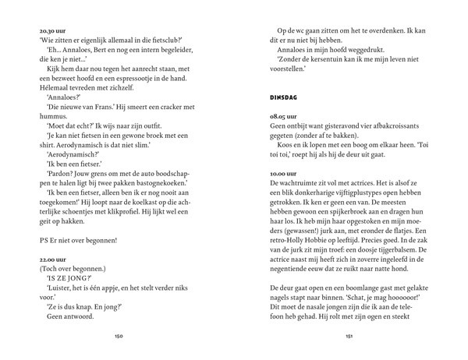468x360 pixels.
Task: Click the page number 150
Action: (x=119, y=337)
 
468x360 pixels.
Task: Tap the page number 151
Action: (x=349, y=337)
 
